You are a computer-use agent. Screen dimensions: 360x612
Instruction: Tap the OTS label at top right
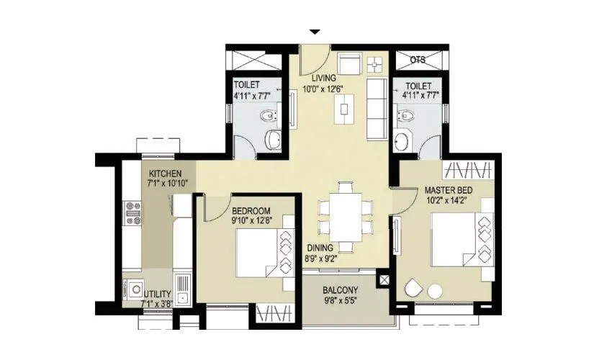[418, 60]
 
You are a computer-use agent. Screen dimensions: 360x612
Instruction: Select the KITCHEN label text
[166, 174]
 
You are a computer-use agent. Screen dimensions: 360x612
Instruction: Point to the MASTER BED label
[447, 190]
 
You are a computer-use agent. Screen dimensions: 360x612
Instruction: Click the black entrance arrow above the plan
[314, 32]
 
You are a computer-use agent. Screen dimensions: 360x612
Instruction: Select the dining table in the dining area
[346, 213]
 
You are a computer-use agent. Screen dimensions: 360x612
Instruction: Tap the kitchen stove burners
[133, 210]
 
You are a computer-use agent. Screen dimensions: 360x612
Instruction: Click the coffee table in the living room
[347, 110]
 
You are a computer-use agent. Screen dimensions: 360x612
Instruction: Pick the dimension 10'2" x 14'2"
[447, 201]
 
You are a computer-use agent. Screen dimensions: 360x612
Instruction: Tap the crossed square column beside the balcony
[384, 277]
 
